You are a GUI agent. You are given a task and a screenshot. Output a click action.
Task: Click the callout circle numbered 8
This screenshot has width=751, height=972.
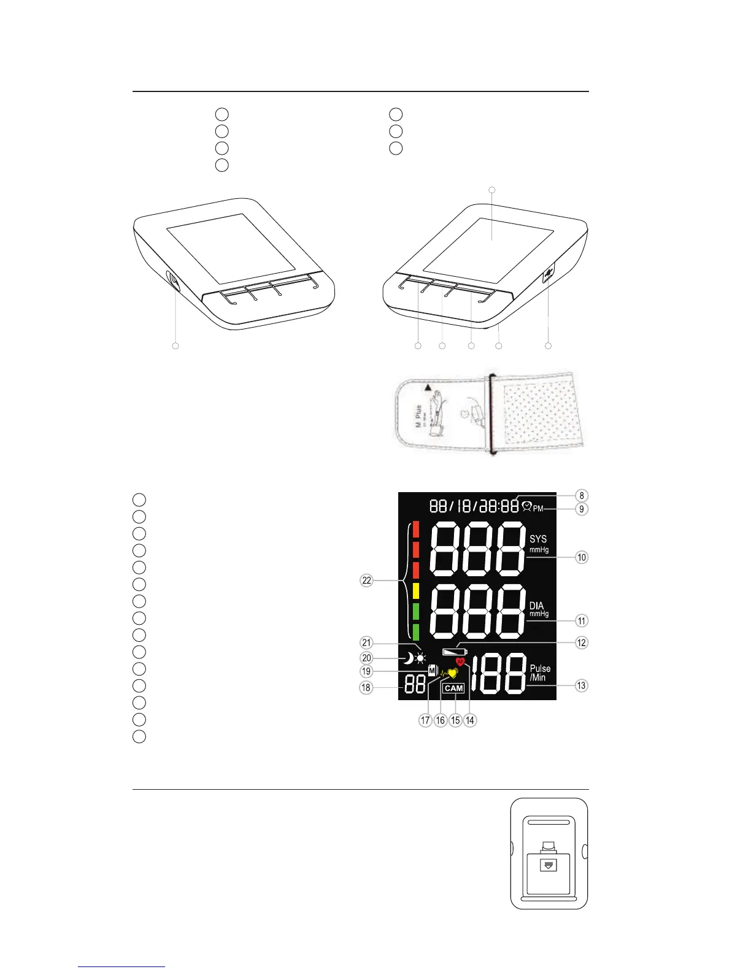(x=582, y=495)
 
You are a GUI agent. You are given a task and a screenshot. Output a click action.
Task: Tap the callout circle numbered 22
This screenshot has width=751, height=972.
(x=366, y=580)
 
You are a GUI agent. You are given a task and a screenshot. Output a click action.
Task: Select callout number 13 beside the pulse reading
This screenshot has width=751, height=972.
(x=582, y=685)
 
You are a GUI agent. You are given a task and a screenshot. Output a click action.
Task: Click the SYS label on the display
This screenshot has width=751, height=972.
(x=538, y=539)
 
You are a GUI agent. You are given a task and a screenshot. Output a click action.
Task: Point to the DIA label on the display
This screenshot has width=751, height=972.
(x=537, y=606)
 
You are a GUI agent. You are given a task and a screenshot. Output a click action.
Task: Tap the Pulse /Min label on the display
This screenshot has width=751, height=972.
(x=540, y=673)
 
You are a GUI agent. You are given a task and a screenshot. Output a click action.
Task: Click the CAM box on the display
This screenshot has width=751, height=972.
(x=454, y=688)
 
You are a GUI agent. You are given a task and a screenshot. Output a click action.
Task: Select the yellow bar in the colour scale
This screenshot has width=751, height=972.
(x=415, y=590)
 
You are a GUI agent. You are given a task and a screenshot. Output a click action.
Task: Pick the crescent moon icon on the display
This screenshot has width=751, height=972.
(x=407, y=659)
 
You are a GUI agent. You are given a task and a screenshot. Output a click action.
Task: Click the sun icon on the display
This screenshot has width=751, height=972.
(x=420, y=660)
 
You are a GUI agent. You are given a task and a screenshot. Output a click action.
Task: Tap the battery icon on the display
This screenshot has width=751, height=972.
(x=455, y=651)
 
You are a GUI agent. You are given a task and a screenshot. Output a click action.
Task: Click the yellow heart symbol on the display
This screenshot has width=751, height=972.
(x=453, y=673)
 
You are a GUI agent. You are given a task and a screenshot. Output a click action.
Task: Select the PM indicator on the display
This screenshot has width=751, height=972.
(x=538, y=509)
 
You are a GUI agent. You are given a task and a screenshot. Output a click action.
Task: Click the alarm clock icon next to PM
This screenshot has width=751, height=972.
(x=526, y=507)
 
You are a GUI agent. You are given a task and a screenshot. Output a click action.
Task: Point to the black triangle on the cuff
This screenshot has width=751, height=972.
(x=426, y=388)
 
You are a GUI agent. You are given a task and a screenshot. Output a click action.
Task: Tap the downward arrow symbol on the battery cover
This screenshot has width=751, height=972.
(x=549, y=865)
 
